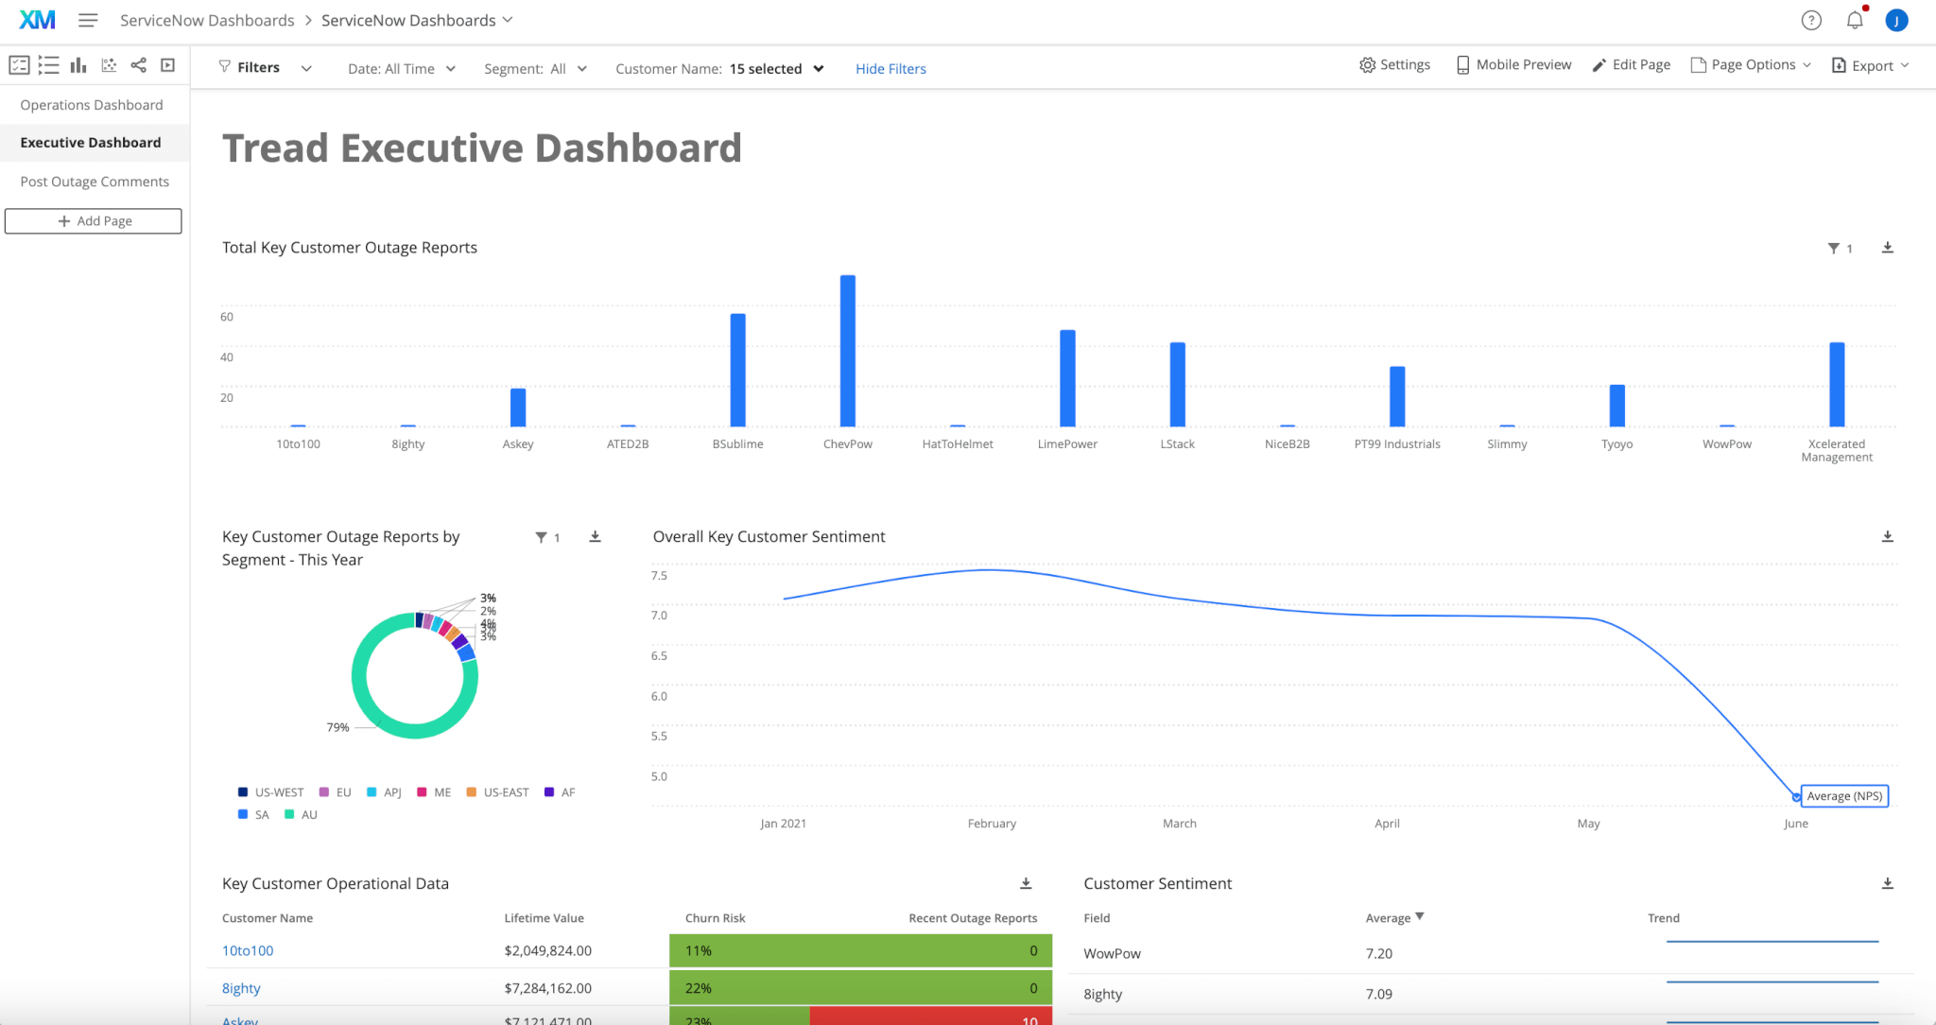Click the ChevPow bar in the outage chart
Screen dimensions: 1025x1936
click(847, 351)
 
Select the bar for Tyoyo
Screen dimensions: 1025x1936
click(1616, 406)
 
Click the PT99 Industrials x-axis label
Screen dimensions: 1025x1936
click(1396, 444)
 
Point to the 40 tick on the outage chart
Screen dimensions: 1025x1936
click(227, 357)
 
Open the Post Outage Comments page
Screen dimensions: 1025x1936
click(95, 182)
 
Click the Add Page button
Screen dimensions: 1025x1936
click(94, 221)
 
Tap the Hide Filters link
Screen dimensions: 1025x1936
click(890, 69)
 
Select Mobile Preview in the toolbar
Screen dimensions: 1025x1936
click(1513, 65)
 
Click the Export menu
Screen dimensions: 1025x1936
click(1870, 65)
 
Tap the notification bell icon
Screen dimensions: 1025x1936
click(1854, 21)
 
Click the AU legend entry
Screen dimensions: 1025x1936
click(302, 815)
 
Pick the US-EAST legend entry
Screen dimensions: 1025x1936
click(498, 792)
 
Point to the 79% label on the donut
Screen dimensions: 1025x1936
click(337, 727)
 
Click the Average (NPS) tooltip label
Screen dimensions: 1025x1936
click(1843, 796)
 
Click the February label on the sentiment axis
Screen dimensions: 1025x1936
click(992, 824)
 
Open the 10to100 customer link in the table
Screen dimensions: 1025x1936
click(248, 951)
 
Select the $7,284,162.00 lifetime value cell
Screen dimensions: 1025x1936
click(547, 988)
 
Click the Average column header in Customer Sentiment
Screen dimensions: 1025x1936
click(1388, 918)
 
